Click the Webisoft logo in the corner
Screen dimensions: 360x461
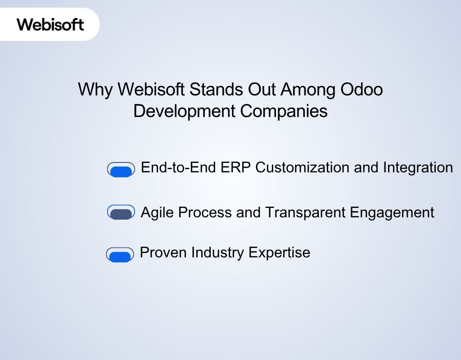(x=50, y=24)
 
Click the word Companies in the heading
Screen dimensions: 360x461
(x=284, y=111)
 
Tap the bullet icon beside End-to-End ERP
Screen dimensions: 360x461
(x=121, y=170)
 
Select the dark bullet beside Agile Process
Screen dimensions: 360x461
(x=121, y=212)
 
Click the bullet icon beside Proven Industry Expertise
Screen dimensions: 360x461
(x=120, y=255)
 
